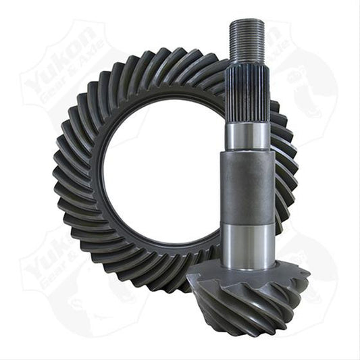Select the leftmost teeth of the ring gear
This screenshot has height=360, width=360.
pos(64,176)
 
